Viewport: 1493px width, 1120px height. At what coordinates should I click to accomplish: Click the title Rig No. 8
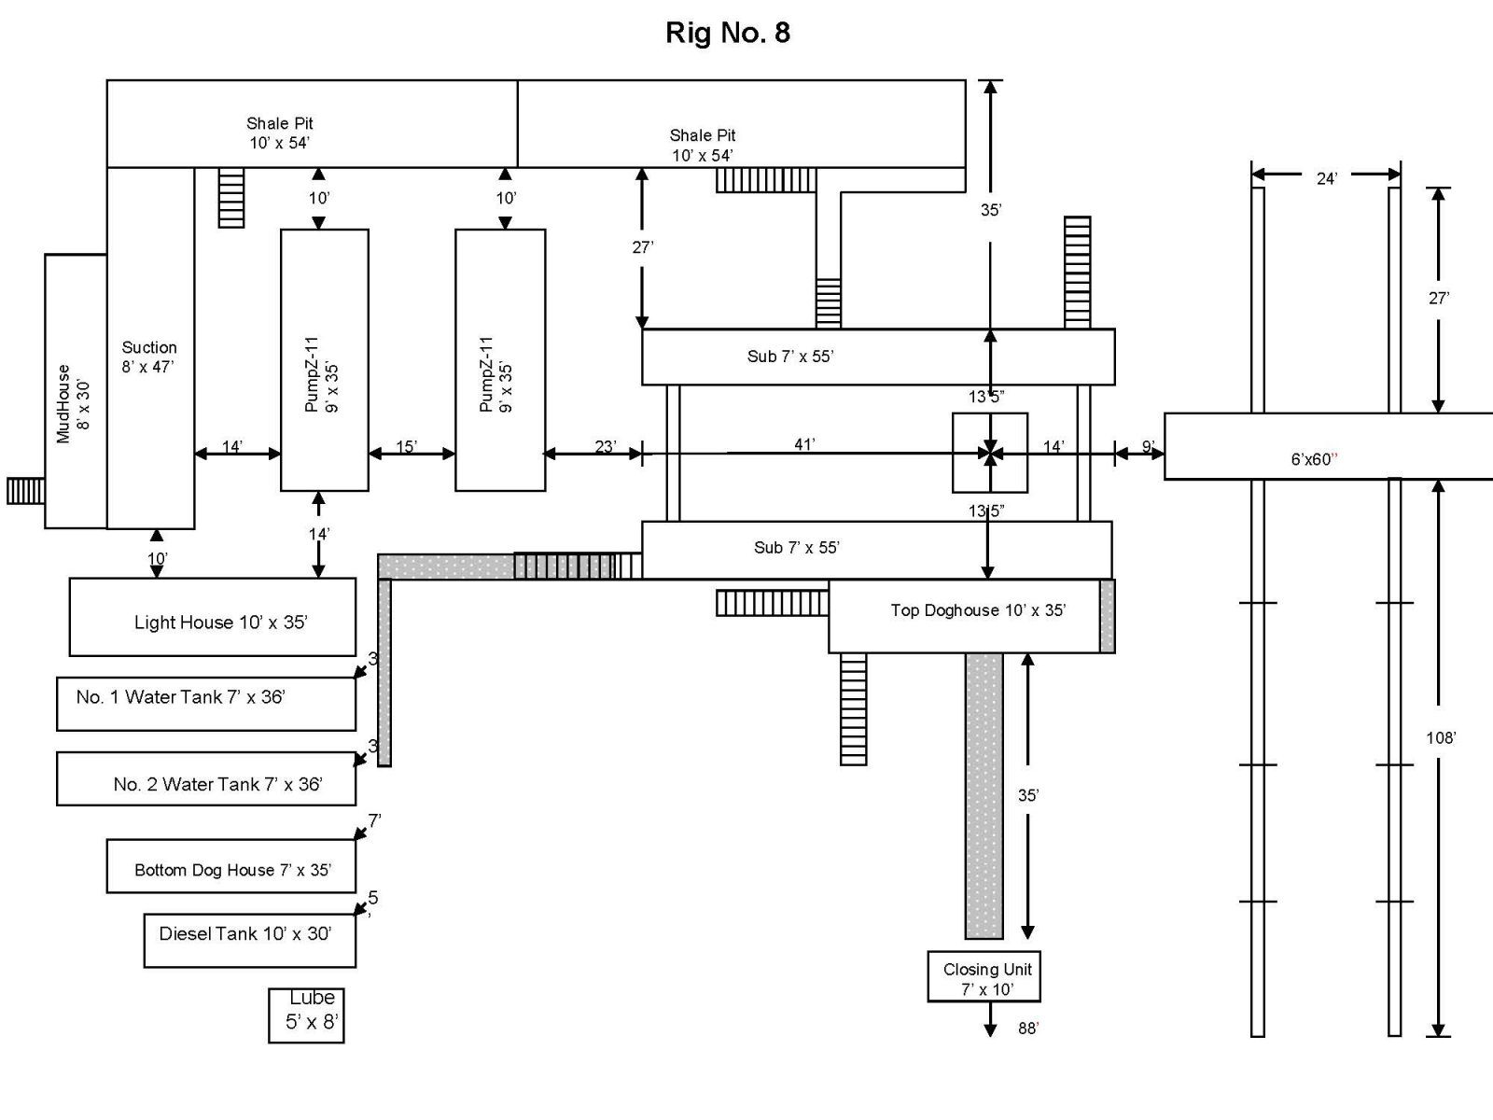(x=728, y=33)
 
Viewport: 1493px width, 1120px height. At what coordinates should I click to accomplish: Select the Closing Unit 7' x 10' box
(x=984, y=976)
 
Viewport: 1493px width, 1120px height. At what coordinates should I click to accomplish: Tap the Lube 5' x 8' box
(x=306, y=1015)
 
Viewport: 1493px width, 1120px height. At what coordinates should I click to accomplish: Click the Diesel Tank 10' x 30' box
(x=250, y=941)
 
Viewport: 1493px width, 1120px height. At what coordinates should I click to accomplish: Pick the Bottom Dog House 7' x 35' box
(x=231, y=866)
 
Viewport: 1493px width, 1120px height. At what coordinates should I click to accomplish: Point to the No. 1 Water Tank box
(x=206, y=704)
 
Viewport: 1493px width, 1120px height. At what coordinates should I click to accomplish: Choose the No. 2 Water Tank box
(x=206, y=778)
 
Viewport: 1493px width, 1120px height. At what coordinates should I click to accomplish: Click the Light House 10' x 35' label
(x=220, y=623)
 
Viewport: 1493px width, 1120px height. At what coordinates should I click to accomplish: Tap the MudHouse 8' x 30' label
(x=73, y=404)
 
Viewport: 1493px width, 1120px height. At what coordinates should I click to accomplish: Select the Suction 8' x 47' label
(x=149, y=357)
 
